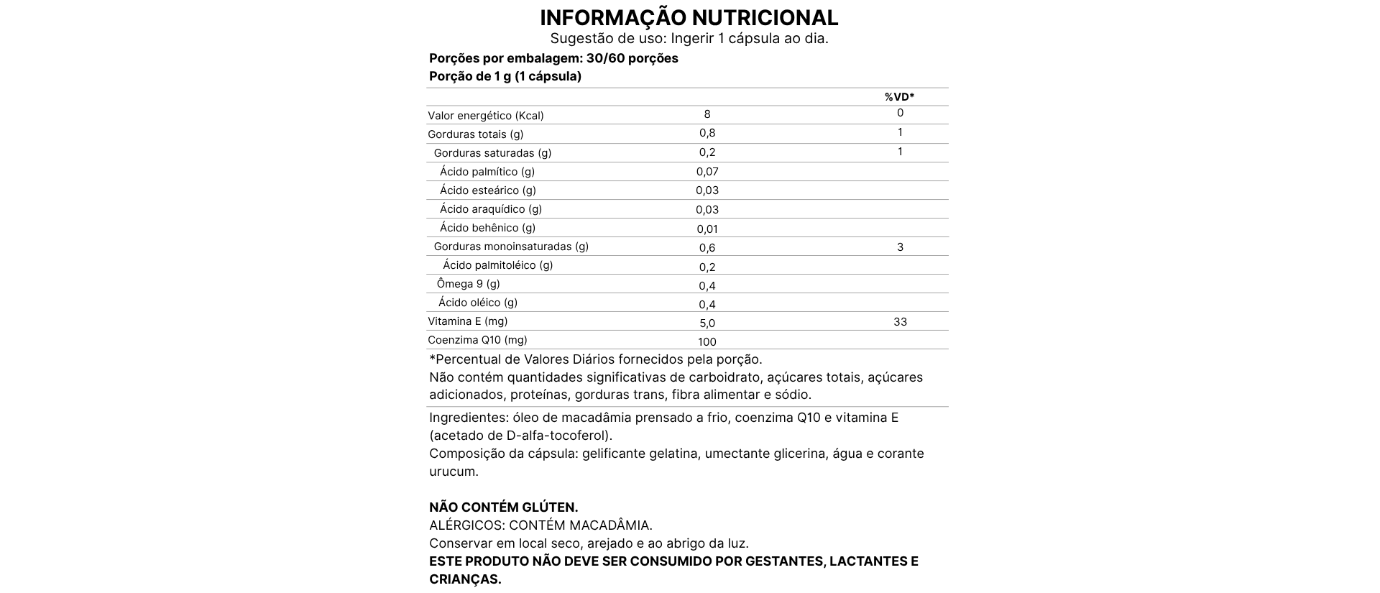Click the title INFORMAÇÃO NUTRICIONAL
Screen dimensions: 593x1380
coord(689,17)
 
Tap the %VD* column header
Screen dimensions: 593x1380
coord(899,97)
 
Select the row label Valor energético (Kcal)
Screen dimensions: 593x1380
coord(485,116)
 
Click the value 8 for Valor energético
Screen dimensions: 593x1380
coord(707,114)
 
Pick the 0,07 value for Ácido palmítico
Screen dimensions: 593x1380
coord(707,172)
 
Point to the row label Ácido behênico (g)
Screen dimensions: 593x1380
coord(487,228)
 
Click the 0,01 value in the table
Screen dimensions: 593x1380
coord(707,229)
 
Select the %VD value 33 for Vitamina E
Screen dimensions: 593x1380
coord(900,322)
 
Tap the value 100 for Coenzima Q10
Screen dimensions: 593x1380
coord(707,342)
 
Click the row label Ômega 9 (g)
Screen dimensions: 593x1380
coord(468,284)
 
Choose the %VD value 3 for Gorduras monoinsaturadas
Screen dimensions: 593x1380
coord(900,247)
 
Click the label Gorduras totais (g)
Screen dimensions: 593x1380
coord(475,134)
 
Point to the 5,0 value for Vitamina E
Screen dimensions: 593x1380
coord(707,323)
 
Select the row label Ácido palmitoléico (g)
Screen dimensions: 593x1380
coord(497,265)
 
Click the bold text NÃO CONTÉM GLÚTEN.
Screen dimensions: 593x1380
coord(503,507)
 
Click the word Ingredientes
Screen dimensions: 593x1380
coord(468,418)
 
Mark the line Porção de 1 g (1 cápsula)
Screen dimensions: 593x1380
coord(505,76)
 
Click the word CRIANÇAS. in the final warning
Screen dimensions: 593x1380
coord(465,579)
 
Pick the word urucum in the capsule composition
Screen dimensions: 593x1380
coord(453,472)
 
